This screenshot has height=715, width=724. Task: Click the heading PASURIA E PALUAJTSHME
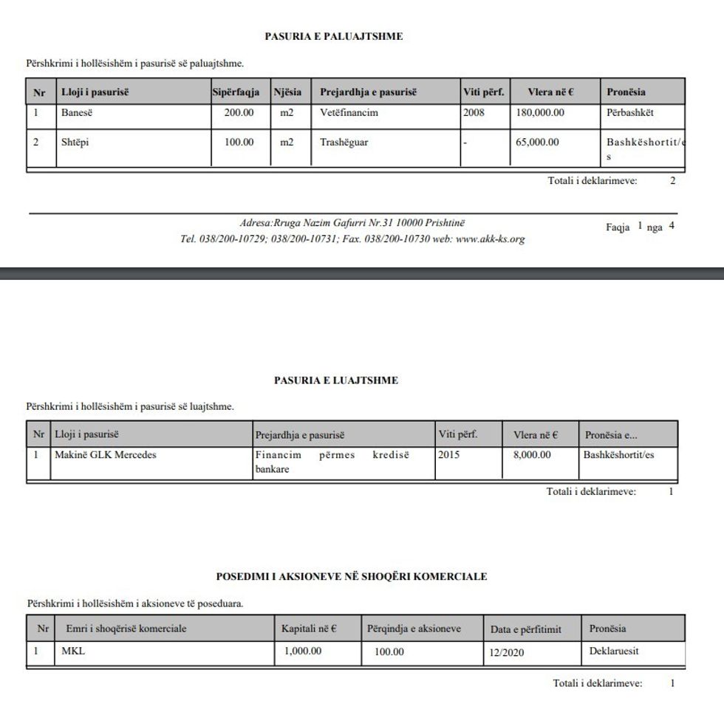(x=334, y=36)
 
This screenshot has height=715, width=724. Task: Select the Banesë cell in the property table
(x=76, y=114)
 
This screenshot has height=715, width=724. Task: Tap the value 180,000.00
(x=539, y=114)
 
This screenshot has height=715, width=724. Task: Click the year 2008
(x=474, y=114)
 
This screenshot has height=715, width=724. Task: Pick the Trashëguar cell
(x=344, y=143)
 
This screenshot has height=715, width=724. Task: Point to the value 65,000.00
(x=537, y=143)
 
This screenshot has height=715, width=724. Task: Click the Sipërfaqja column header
(x=236, y=92)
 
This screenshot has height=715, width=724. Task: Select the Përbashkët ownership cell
(x=630, y=114)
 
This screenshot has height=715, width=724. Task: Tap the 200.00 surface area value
(x=239, y=114)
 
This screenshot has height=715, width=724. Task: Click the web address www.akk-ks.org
(x=491, y=239)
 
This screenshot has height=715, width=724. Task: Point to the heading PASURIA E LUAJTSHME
(x=336, y=380)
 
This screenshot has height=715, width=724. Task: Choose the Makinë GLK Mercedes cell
(x=106, y=455)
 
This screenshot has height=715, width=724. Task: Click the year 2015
(x=448, y=455)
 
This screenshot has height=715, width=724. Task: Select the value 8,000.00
(x=532, y=455)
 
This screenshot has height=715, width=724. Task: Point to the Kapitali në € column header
(x=309, y=629)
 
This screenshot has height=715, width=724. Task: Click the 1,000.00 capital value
(x=303, y=651)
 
